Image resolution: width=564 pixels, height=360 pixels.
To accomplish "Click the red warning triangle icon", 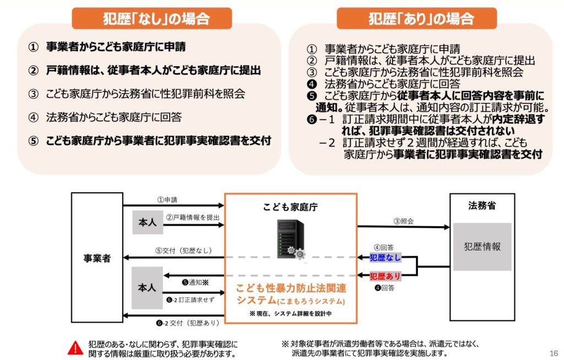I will (x=75, y=348).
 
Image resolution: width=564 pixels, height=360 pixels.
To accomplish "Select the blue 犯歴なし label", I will (x=385, y=258).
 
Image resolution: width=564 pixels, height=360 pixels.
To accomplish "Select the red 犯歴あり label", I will (x=385, y=276).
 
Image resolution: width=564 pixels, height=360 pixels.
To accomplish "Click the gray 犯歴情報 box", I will (x=482, y=247).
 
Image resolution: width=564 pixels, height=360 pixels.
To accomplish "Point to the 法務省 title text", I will (x=482, y=206).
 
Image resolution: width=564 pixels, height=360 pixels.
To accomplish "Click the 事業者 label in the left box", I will (x=97, y=258).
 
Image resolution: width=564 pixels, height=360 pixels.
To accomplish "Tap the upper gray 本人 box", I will (x=147, y=222).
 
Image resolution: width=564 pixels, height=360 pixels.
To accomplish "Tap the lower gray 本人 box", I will (x=147, y=288).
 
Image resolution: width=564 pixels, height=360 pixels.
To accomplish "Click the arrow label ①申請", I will (x=167, y=199).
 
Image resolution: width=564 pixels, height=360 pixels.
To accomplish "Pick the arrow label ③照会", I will (x=403, y=221).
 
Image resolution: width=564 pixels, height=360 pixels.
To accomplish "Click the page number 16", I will (x=554, y=353).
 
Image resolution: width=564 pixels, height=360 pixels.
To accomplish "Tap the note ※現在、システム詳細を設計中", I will (x=290, y=313).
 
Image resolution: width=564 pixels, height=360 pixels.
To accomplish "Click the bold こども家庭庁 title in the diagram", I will (x=290, y=208).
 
